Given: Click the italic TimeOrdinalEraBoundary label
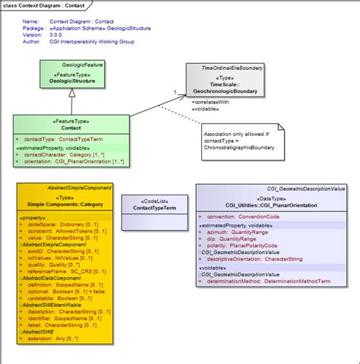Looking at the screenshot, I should (x=226, y=68).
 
